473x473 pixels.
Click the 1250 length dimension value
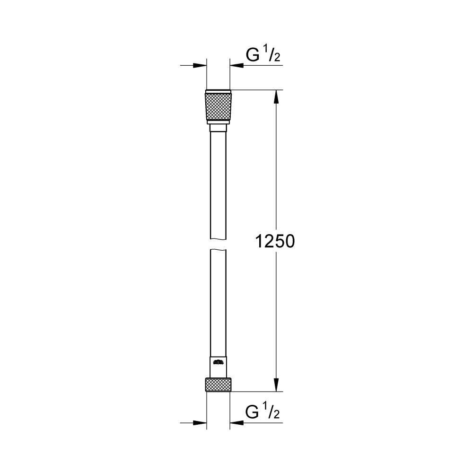pos(275,242)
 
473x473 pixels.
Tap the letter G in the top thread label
pos(253,55)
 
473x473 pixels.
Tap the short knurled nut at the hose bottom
pos(218,385)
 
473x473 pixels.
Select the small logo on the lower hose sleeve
pos(218,363)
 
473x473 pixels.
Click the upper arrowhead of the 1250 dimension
pos(277,96)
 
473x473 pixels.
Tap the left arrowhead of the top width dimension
pos(201,65)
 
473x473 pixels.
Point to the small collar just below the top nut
pos(218,128)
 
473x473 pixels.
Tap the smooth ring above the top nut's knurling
pos(218,91)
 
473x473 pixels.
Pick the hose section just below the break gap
pos(218,293)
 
